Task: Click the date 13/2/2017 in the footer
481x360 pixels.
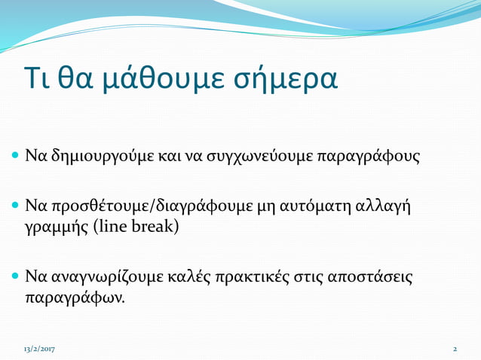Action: pyautogui.click(x=39, y=349)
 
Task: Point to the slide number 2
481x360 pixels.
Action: pyautogui.click(x=455, y=349)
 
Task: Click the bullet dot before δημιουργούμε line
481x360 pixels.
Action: pyautogui.click(x=16, y=158)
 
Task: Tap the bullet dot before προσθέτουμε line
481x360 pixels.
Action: pyautogui.click(x=16, y=206)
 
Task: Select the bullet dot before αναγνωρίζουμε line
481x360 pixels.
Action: pyautogui.click(x=16, y=276)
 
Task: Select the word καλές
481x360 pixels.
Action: pyautogui.click(x=188, y=276)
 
